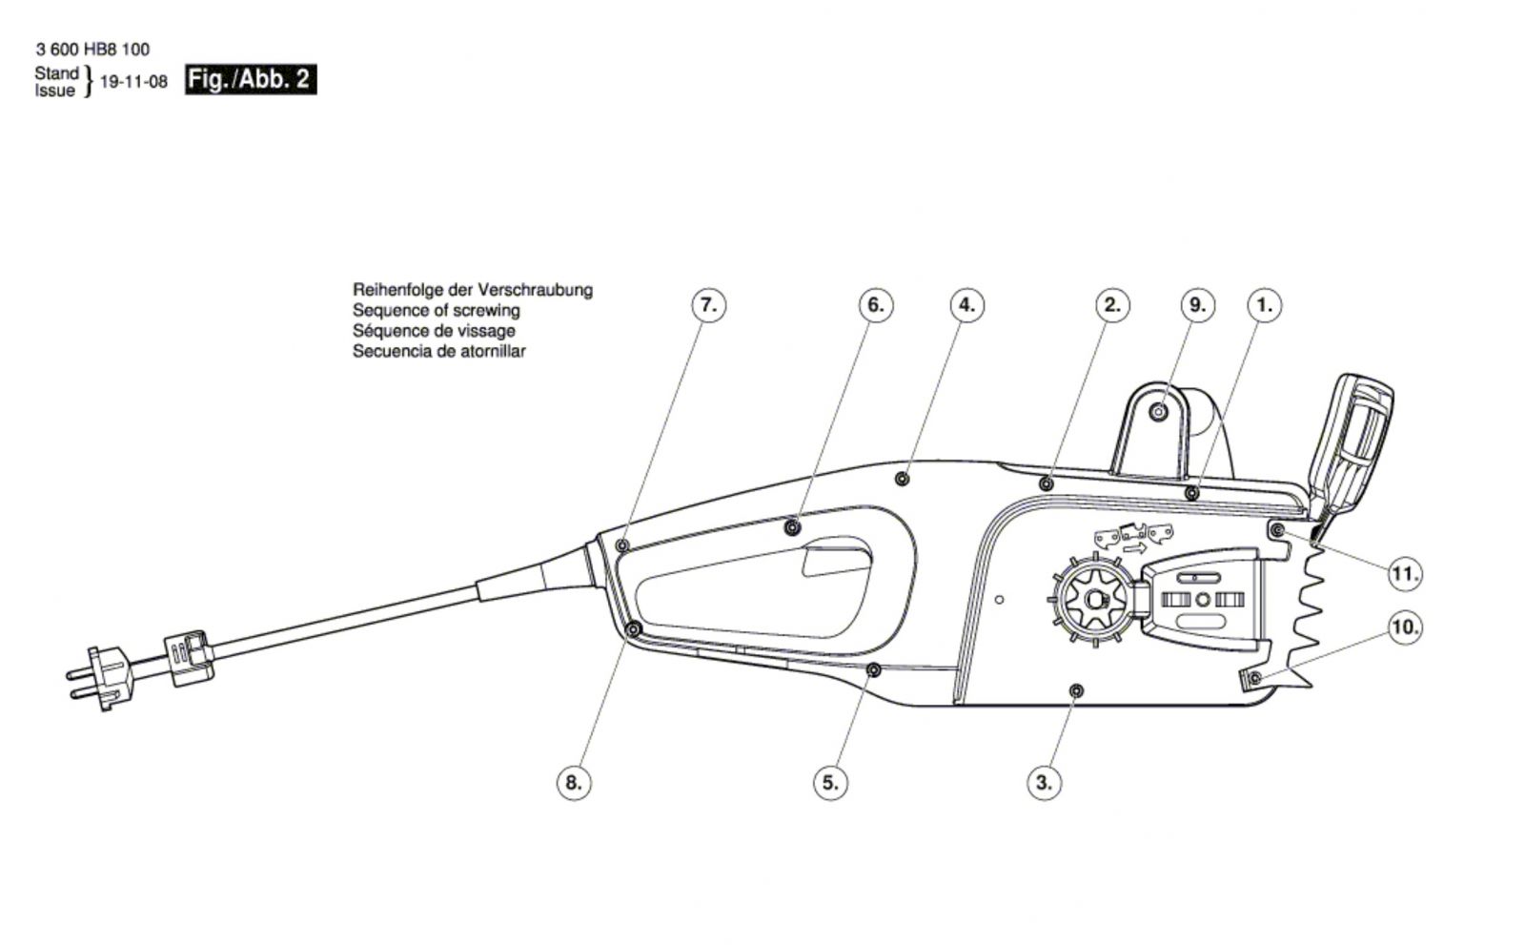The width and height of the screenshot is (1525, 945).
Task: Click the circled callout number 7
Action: click(x=709, y=305)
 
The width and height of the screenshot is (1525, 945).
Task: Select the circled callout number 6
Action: click(x=876, y=305)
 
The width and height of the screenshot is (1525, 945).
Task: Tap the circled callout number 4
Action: click(x=966, y=305)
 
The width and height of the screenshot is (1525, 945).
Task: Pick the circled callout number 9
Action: click(x=1197, y=305)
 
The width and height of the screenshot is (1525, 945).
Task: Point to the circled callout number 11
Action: click(x=1405, y=574)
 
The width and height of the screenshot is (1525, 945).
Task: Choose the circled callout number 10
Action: click(x=1405, y=627)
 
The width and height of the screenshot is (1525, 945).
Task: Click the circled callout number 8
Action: click(x=574, y=783)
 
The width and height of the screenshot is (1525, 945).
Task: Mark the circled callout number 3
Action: click(x=1045, y=783)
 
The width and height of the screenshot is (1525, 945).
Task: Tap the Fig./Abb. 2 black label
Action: click(x=251, y=80)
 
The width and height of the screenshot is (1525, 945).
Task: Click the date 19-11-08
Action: click(x=133, y=82)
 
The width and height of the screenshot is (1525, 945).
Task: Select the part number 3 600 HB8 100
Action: click(x=92, y=49)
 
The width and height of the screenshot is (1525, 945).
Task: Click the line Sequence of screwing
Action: click(x=436, y=311)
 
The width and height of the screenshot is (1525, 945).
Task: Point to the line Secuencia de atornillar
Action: click(x=439, y=352)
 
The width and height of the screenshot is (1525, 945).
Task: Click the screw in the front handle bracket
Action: click(x=1158, y=412)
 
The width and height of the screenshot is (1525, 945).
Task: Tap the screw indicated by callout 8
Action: click(x=633, y=628)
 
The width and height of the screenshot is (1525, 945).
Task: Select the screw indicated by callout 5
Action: click(x=873, y=670)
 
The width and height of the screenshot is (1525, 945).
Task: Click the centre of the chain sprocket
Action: click(x=1094, y=600)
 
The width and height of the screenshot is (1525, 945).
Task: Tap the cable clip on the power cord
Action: click(x=189, y=657)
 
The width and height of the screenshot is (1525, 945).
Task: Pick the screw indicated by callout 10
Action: click(x=1255, y=678)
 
